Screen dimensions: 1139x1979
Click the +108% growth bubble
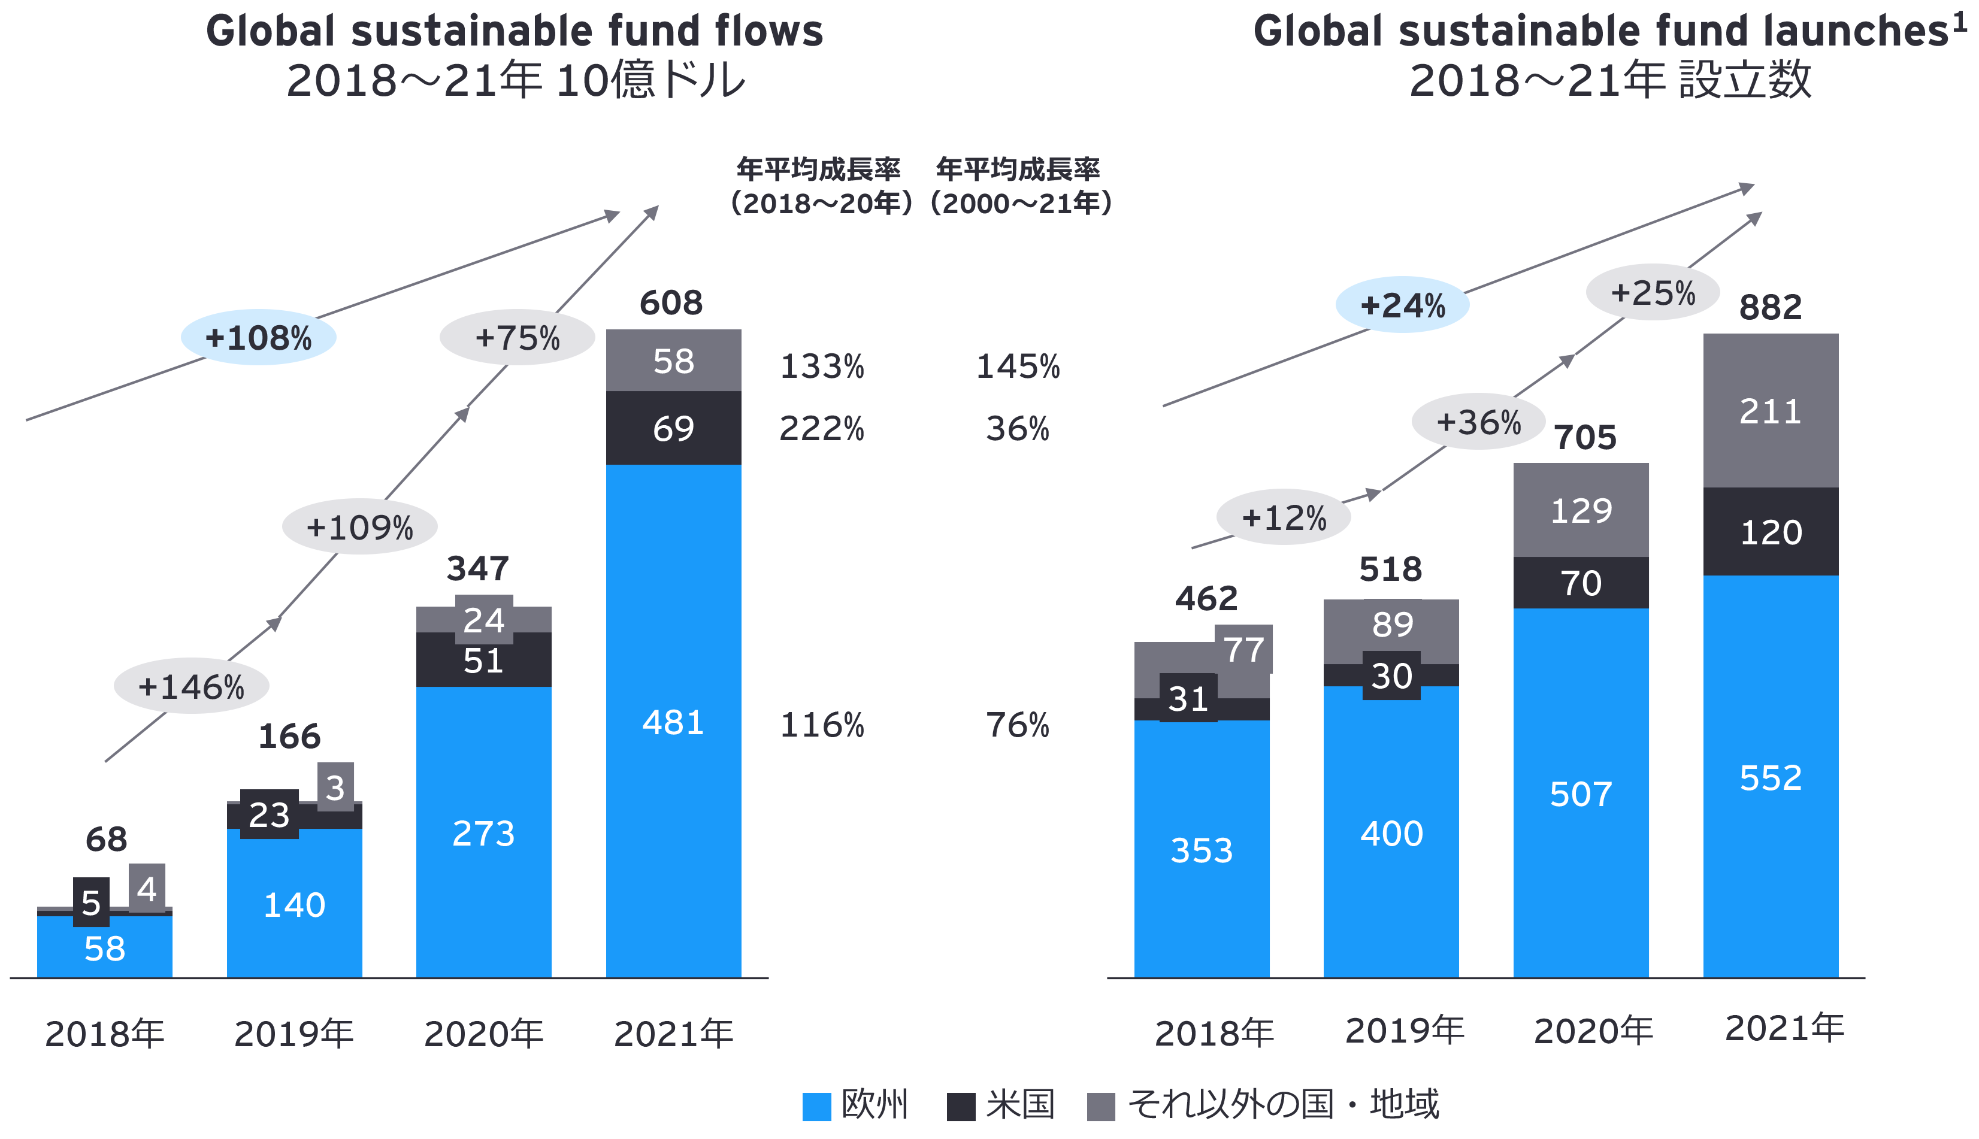pyautogui.click(x=258, y=338)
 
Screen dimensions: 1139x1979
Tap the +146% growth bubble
pyautogui.click(x=192, y=686)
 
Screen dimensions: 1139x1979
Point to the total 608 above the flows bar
pyautogui.click(x=671, y=303)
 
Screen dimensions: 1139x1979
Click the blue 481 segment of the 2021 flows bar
pyautogui.click(x=673, y=721)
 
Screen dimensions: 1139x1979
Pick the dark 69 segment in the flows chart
pyautogui.click(x=673, y=428)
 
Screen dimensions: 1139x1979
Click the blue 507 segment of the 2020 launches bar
pyautogui.click(x=1581, y=794)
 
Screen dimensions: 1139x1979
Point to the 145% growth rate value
pyautogui.click(x=1018, y=366)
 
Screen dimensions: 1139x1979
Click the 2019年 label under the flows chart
pyautogui.click(x=294, y=1034)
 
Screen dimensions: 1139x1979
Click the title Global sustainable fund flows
pyautogui.click(x=514, y=31)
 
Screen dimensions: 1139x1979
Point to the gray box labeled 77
pyautogui.click(x=1243, y=649)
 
